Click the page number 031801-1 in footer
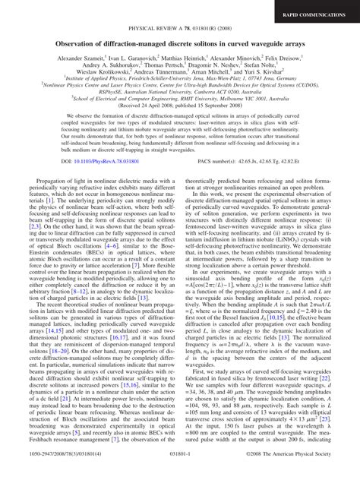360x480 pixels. [x=180, y=471]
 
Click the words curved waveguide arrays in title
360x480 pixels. [x=254, y=45]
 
